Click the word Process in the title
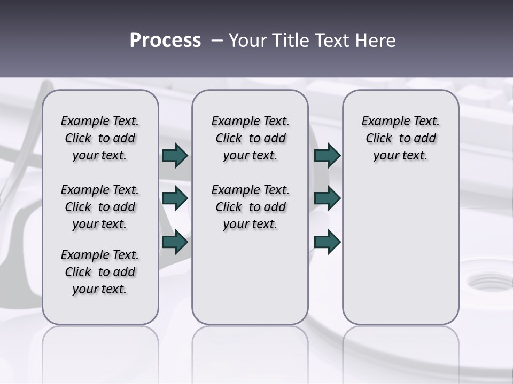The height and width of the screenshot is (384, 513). pyautogui.click(x=165, y=41)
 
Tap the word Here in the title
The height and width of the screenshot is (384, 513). pyautogui.click(x=375, y=41)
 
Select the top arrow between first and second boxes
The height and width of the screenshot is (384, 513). pyautogui.click(x=175, y=155)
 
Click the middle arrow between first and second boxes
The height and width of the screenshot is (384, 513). pyautogui.click(x=175, y=198)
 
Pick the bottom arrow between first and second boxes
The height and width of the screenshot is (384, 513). pyautogui.click(x=175, y=242)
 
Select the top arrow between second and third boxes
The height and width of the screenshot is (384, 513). pyautogui.click(x=327, y=155)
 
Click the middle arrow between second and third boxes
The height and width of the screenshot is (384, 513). pyautogui.click(x=327, y=198)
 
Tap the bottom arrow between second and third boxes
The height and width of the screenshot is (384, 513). pyautogui.click(x=327, y=242)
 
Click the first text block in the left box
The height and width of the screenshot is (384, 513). pyautogui.click(x=100, y=138)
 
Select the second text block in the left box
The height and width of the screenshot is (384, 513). pyautogui.click(x=100, y=207)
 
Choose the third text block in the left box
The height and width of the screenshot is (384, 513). pyautogui.click(x=100, y=272)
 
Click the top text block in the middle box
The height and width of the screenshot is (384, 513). pyautogui.click(x=250, y=138)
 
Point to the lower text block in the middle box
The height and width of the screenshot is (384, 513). pyautogui.click(x=250, y=207)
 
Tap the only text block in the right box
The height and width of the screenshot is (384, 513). pyautogui.click(x=400, y=138)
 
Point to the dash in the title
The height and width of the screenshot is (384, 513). pyautogui.click(x=217, y=41)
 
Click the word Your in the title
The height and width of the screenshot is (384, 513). pyautogui.click(x=247, y=41)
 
